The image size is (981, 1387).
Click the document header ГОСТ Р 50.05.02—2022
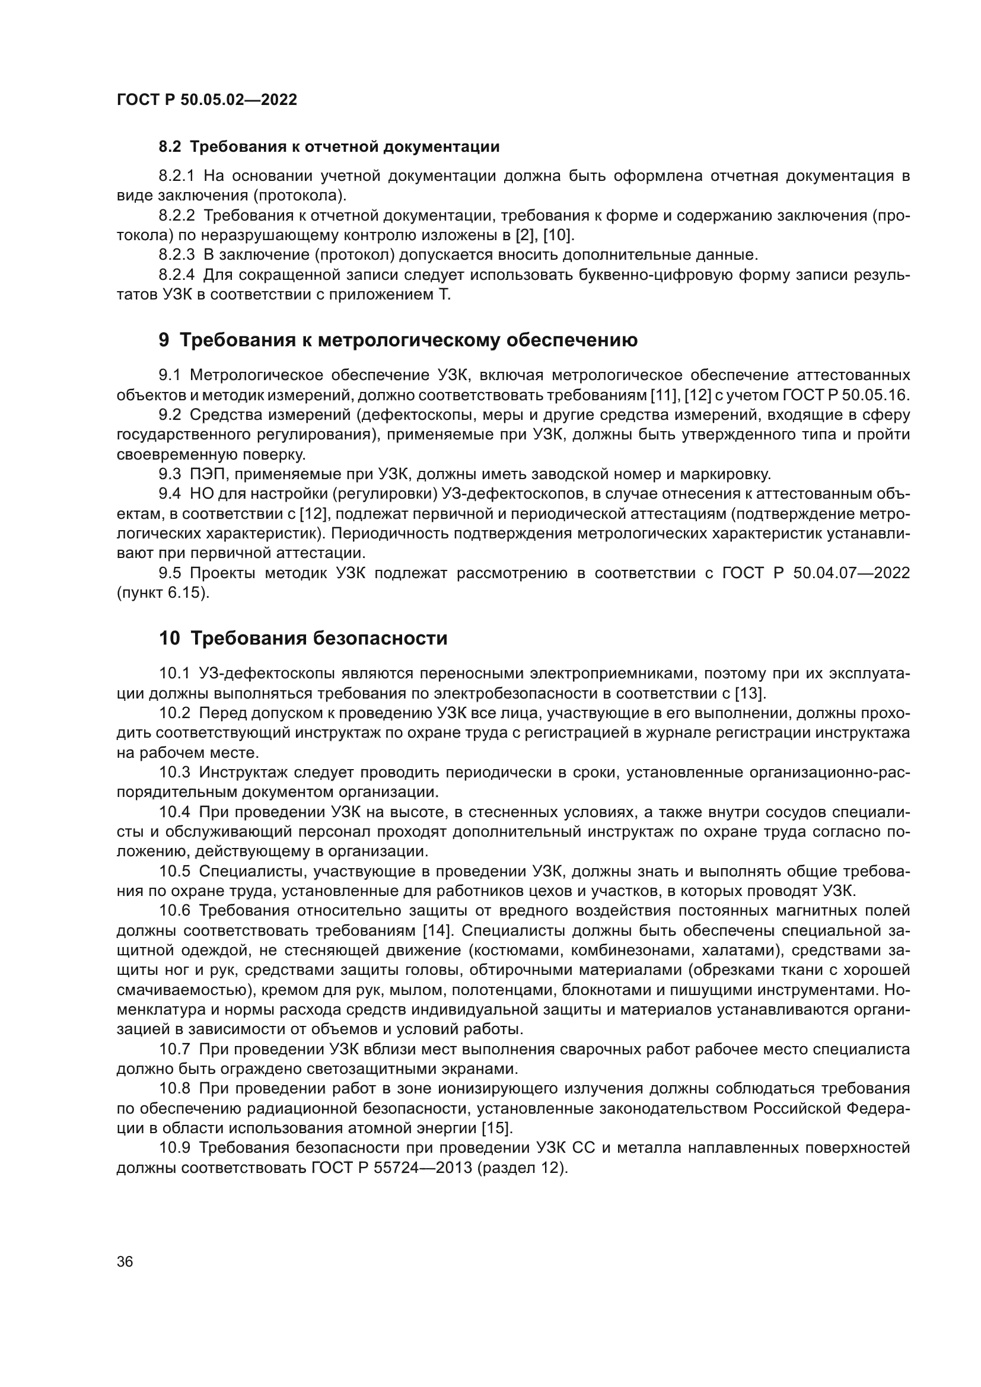coord(206,100)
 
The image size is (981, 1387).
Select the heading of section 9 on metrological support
coord(397,340)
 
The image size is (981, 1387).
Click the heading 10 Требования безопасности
coord(303,638)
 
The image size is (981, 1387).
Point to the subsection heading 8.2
coord(329,147)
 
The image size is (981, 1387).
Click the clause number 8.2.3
coord(176,255)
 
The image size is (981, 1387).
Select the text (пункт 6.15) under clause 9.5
coord(163,593)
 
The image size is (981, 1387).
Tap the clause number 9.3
coord(170,474)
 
